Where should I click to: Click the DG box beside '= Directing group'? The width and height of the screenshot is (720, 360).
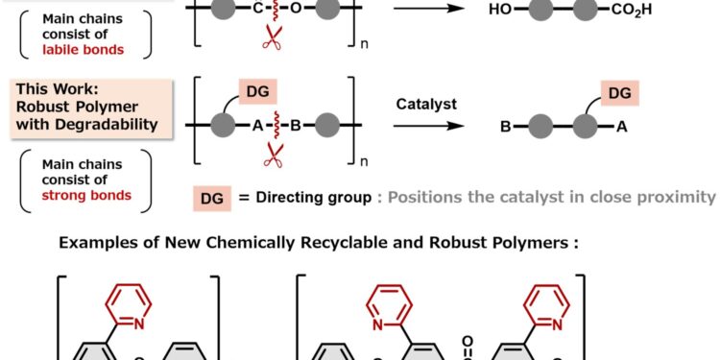(x=213, y=197)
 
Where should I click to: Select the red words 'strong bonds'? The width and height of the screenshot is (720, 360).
(x=87, y=196)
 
